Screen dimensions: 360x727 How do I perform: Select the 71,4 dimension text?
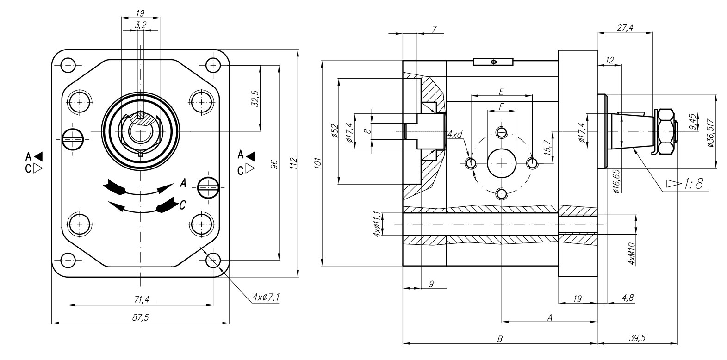(140, 300)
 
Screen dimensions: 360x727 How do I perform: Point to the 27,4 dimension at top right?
(625, 28)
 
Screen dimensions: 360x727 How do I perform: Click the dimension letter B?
(499, 339)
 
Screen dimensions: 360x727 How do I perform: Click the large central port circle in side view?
(502, 163)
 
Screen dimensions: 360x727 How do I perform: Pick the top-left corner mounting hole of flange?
(68, 65)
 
